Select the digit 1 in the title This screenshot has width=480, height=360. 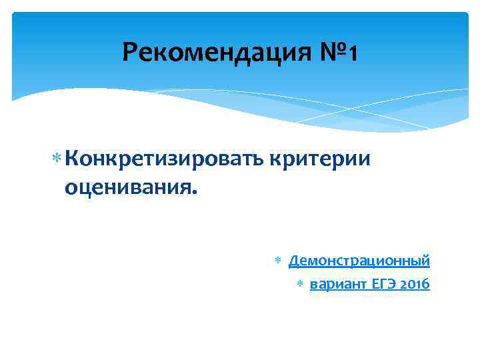tap(352, 52)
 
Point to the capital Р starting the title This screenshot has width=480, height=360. tap(130, 52)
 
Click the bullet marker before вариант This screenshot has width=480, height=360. tap(300, 285)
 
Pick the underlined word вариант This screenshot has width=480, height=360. tap(339, 285)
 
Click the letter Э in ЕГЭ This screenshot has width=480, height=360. tap(391, 285)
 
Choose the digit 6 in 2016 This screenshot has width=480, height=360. tap(427, 285)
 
